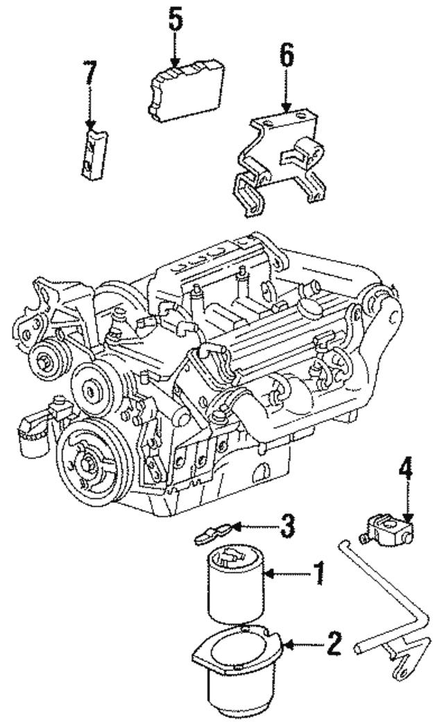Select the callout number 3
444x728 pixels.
pyautogui.click(x=287, y=525)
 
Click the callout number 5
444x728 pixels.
pyautogui.click(x=176, y=22)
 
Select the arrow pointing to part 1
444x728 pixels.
pyautogui.click(x=288, y=573)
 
